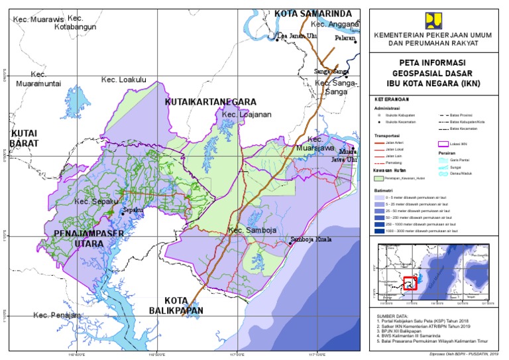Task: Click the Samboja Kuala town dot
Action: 290,243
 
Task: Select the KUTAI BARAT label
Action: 25,138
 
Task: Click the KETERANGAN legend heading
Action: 392,98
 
